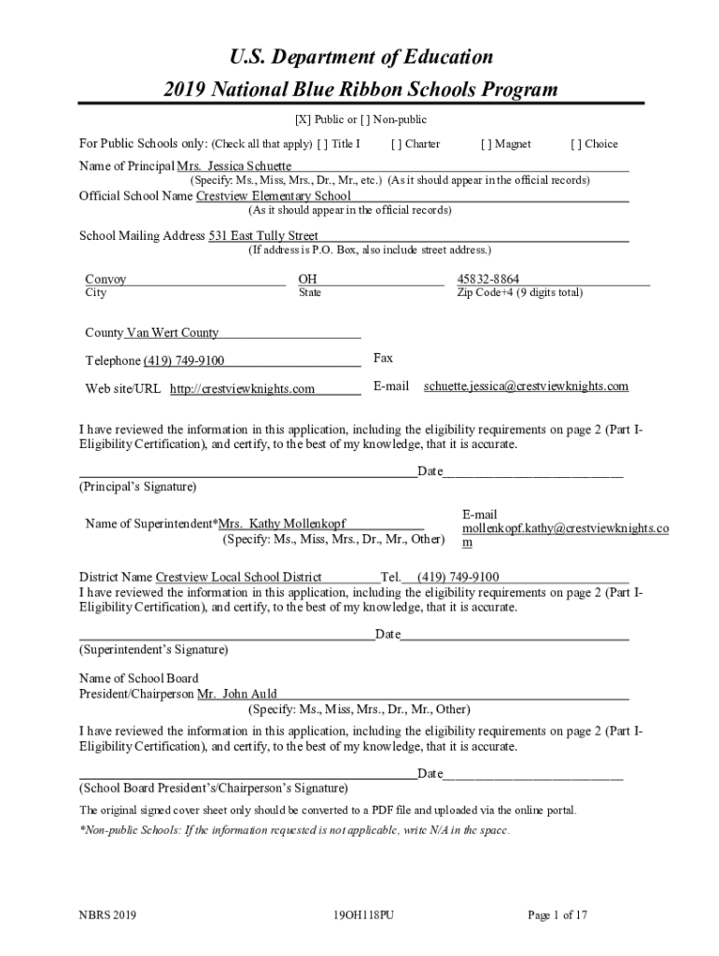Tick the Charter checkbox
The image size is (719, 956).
[396, 145]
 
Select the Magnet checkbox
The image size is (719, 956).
[486, 145]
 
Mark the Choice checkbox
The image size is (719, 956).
[575, 145]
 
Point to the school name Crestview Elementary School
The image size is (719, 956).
[273, 196]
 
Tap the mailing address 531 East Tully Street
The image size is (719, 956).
[262, 236]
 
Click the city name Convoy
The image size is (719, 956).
[106, 279]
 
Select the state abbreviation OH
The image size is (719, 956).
[307, 279]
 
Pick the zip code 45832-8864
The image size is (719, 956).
[487, 279]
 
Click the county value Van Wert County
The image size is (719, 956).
[172, 332]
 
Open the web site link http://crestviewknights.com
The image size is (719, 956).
[242, 389]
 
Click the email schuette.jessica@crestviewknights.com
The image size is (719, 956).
[526, 387]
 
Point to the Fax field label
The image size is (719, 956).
[383, 358]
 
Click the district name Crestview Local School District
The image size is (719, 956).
[238, 577]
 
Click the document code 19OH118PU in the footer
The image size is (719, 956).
[363, 916]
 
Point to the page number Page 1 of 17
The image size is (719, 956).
[557, 916]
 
